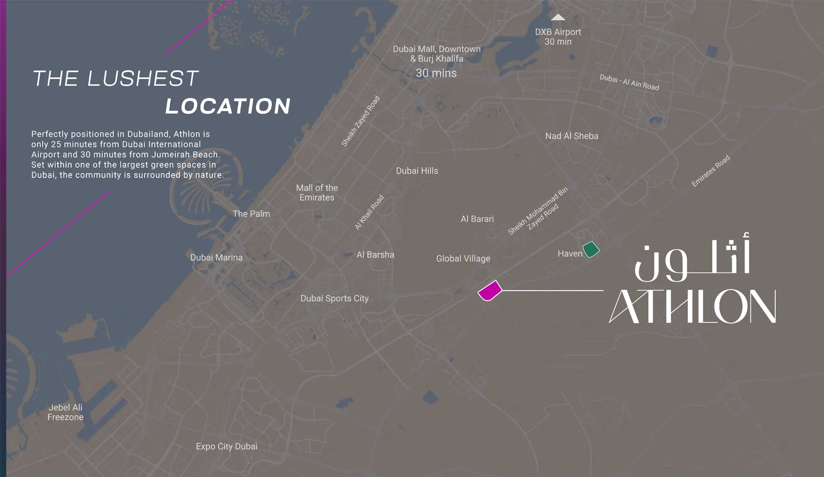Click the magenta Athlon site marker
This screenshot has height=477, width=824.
pyautogui.click(x=490, y=291)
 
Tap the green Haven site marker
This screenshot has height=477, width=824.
pyautogui.click(x=591, y=249)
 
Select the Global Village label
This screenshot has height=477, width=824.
pyautogui.click(x=463, y=259)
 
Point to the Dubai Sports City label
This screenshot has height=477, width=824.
pyautogui.click(x=334, y=299)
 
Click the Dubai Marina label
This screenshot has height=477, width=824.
pyautogui.click(x=216, y=258)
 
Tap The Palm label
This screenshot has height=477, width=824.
pyautogui.click(x=251, y=214)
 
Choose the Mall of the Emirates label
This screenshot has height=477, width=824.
pyautogui.click(x=317, y=193)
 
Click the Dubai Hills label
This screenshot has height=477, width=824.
pyautogui.click(x=417, y=171)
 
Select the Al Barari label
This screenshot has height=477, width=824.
pyautogui.click(x=477, y=219)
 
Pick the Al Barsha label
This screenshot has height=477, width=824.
pyautogui.click(x=375, y=255)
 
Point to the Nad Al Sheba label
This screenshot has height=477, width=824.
pyautogui.click(x=572, y=136)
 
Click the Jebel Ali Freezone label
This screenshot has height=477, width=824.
pyautogui.click(x=65, y=412)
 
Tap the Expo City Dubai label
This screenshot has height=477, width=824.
pyautogui.click(x=226, y=446)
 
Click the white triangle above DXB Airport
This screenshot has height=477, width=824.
pyautogui.click(x=558, y=18)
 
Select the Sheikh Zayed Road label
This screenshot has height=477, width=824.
pyautogui.click(x=361, y=121)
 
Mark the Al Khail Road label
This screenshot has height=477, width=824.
pyautogui.click(x=369, y=212)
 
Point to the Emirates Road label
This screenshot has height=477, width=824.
pyautogui.click(x=711, y=171)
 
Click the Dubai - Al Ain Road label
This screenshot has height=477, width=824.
pyautogui.click(x=629, y=82)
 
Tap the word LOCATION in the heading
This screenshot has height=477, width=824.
pyautogui.click(x=228, y=106)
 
